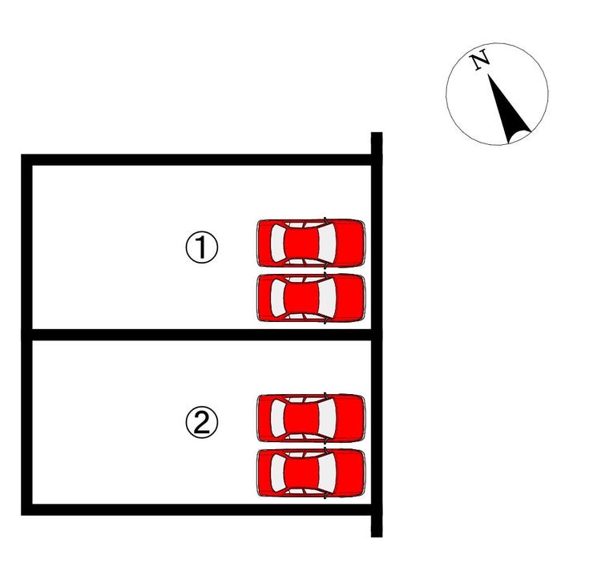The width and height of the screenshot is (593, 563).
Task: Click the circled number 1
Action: (x=202, y=247)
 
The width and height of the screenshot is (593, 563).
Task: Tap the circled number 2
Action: (x=202, y=422)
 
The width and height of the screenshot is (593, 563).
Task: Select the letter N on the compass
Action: (x=479, y=60)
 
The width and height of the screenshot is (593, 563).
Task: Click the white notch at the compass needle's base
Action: (x=520, y=136)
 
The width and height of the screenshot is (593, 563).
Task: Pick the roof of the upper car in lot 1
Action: (x=302, y=243)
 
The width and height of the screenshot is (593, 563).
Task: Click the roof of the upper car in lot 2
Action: (x=302, y=418)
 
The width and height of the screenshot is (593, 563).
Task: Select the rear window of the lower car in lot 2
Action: (x=277, y=473)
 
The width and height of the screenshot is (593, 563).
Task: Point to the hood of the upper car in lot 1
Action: (x=350, y=243)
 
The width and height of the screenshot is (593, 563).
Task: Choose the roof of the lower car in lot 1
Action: (x=302, y=297)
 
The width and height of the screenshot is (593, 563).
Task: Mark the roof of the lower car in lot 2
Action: (x=302, y=473)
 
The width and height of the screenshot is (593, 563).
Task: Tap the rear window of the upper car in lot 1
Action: (x=277, y=243)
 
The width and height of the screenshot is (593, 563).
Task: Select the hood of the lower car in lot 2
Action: (x=350, y=473)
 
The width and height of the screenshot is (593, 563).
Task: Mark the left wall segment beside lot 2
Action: (x=27, y=422)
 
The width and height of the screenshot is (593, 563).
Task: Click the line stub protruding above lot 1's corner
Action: (x=377, y=143)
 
